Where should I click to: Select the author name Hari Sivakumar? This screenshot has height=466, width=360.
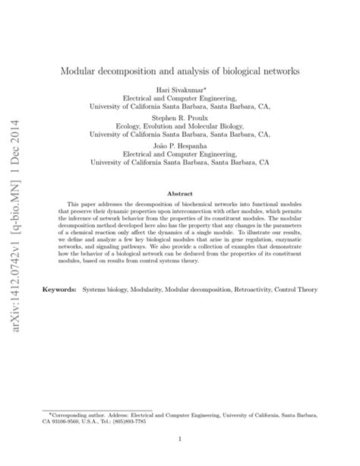(x=178, y=90)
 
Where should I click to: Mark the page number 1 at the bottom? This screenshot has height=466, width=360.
(x=179, y=439)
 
